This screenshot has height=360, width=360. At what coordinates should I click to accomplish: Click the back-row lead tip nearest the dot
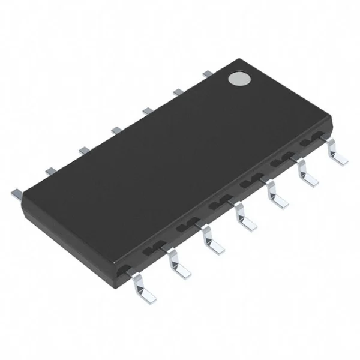pyautogui.click(x=207, y=73)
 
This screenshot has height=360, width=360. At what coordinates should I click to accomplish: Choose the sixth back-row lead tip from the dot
pyautogui.click(x=50, y=170)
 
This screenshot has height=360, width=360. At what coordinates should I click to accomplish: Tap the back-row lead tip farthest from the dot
pyautogui.click(x=16, y=193)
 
